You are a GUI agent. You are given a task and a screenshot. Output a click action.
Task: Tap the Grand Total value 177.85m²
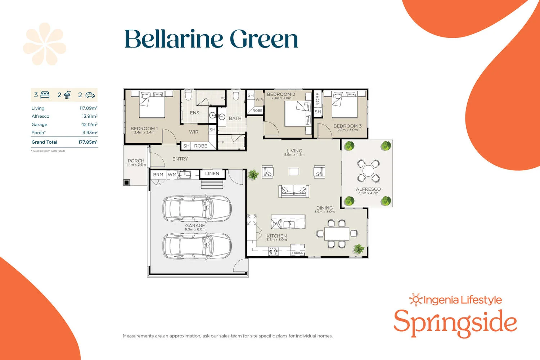click(x=88, y=142)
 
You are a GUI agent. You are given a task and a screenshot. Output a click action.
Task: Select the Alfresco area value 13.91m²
click(x=89, y=116)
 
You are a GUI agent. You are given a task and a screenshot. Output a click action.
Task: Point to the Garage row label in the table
click(x=39, y=125)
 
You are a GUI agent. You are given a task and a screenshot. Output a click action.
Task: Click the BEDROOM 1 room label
click(x=144, y=129)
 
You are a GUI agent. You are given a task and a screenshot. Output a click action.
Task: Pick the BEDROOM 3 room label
click(x=347, y=126)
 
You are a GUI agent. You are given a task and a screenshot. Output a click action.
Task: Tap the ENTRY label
click(x=180, y=159)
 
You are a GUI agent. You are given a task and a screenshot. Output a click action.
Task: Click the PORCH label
click(x=136, y=161)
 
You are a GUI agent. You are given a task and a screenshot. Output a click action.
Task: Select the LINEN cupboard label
click(x=212, y=174)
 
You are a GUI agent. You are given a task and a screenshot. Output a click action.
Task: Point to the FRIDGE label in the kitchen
click(x=297, y=253)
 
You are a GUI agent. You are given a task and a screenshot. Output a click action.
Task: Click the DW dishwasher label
click(x=276, y=224)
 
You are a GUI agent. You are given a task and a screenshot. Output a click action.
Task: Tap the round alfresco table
click(x=368, y=171)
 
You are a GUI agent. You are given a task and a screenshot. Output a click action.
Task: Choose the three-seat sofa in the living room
click(x=294, y=190)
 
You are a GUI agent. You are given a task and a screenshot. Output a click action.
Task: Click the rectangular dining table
click(x=337, y=234)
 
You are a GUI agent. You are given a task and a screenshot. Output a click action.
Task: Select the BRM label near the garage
click(x=158, y=175)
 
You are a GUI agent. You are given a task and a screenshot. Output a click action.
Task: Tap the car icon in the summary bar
click(x=90, y=95)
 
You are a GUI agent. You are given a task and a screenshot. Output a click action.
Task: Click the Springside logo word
click(x=455, y=323)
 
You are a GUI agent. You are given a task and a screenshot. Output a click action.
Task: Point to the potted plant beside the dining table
click(x=359, y=248)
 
